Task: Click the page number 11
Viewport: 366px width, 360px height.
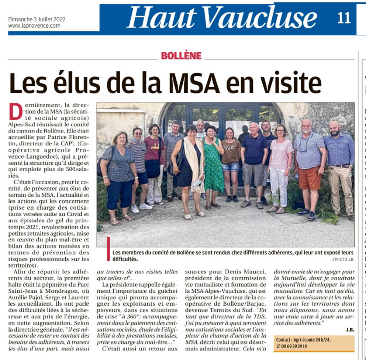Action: tap(344, 18)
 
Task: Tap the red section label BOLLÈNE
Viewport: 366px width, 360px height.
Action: tap(181, 56)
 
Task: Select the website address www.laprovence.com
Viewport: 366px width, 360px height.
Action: tap(34, 26)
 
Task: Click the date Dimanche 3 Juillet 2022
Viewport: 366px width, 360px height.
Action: tap(37, 20)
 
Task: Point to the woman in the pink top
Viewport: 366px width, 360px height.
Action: tap(280, 162)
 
